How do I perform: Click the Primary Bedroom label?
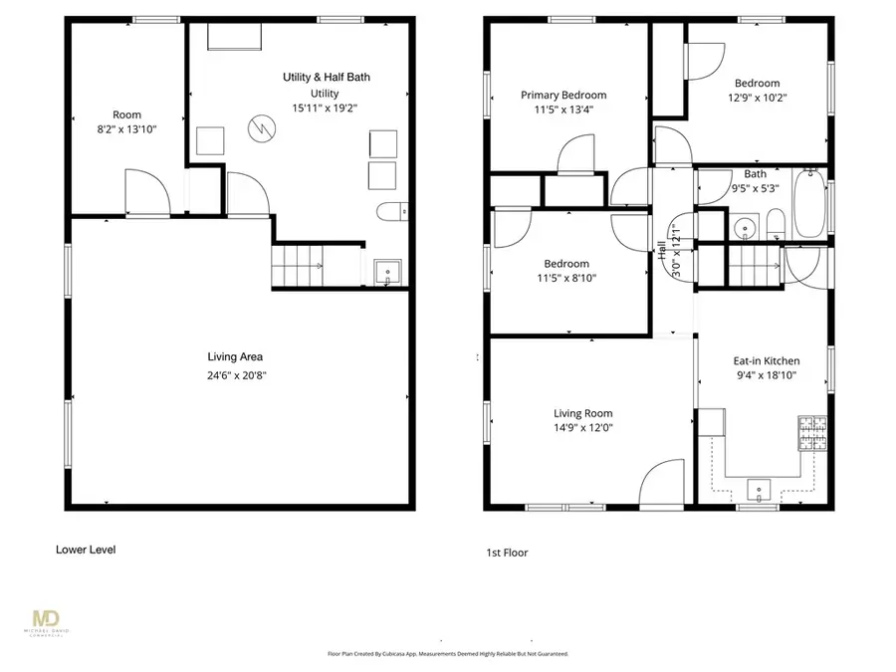pyautogui.click(x=563, y=96)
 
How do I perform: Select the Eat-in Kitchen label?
pyautogui.click(x=767, y=361)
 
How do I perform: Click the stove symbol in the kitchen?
pyautogui.click(x=811, y=433)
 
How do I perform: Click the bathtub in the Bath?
pyautogui.click(x=807, y=206)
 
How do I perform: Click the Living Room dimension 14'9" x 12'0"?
pyautogui.click(x=582, y=428)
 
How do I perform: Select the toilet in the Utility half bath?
pyautogui.click(x=392, y=211)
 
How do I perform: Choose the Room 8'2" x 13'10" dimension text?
pyautogui.click(x=126, y=129)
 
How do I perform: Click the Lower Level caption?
pyautogui.click(x=86, y=549)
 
